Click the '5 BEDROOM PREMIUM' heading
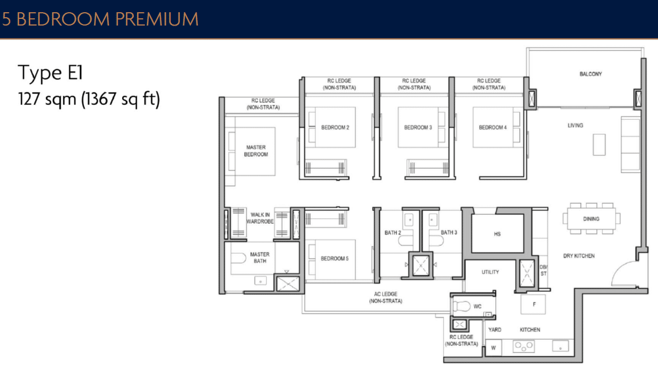(x=100, y=19)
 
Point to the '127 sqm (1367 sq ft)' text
(x=89, y=100)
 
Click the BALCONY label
(x=590, y=74)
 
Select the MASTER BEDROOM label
(x=256, y=151)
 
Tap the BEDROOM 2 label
(x=335, y=128)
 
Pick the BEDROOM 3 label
(x=418, y=128)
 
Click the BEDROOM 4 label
(x=493, y=128)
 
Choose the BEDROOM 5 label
(x=334, y=259)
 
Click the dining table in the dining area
(x=591, y=218)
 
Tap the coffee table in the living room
(x=599, y=144)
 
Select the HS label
(x=497, y=234)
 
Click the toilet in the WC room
(x=463, y=306)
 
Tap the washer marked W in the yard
(x=493, y=349)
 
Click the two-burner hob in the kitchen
(x=524, y=346)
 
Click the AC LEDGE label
(x=385, y=298)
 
